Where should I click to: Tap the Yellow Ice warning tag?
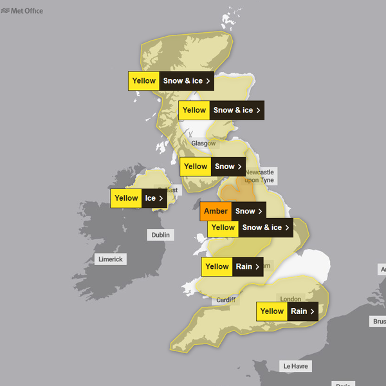tap(138, 198)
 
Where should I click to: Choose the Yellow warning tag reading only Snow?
tap(212, 167)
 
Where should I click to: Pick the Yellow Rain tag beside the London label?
tap(288, 311)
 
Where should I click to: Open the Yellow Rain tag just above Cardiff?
tap(232, 266)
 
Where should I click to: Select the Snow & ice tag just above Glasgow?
tap(221, 110)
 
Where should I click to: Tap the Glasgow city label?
tap(203, 143)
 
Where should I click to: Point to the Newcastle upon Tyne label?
tap(259, 176)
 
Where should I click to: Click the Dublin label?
tap(161, 235)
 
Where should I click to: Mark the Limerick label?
tap(109, 259)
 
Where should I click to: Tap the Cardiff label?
tap(226, 300)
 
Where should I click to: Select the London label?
tap(291, 299)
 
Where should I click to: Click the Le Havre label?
tap(296, 366)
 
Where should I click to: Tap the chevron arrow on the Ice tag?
tap(161, 198)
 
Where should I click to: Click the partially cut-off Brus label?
tap(379, 321)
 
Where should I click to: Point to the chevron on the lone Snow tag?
tap(239, 167)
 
